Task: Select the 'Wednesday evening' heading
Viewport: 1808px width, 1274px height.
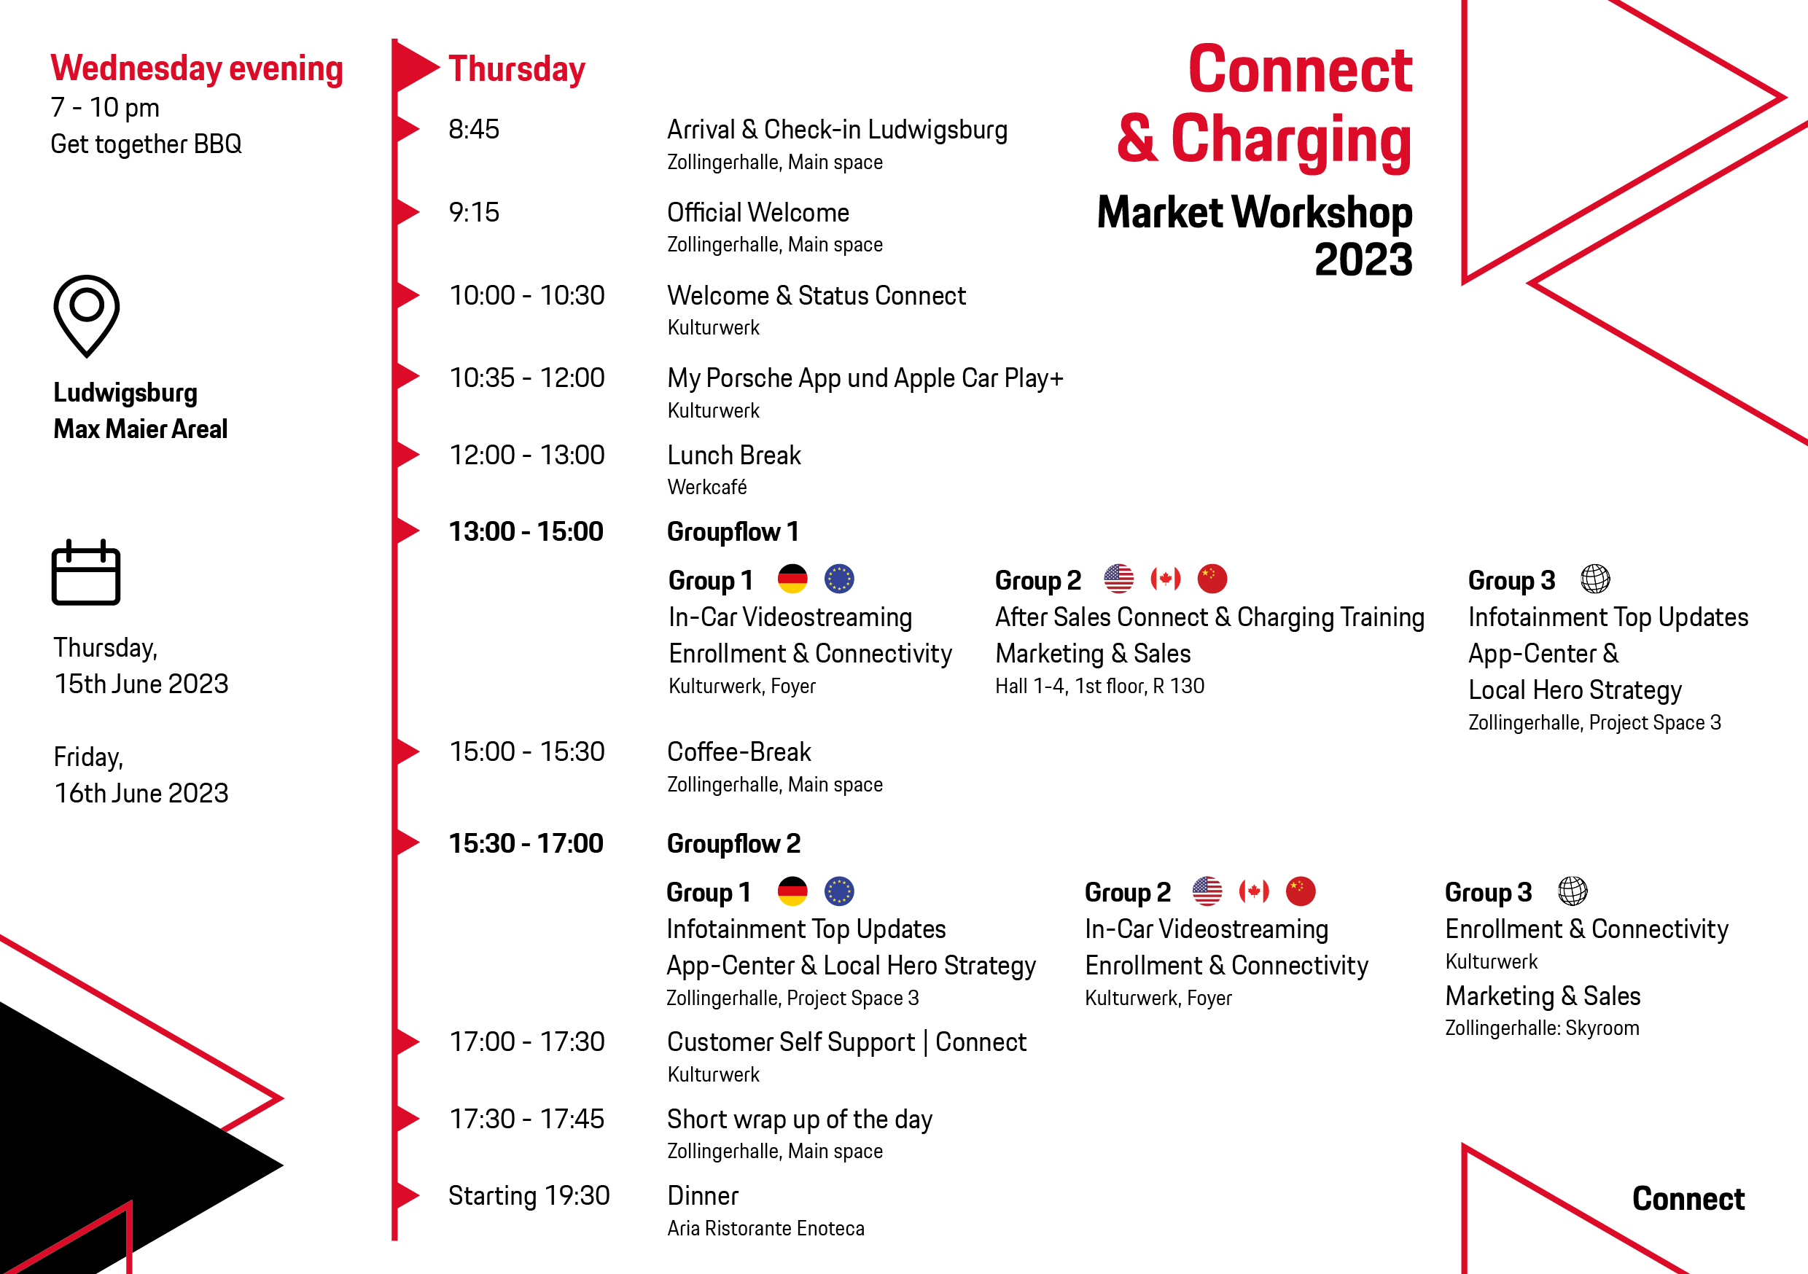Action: pos(197,69)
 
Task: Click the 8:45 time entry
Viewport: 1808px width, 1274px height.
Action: pos(474,129)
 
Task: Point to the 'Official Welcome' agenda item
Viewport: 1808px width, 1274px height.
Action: pos(758,213)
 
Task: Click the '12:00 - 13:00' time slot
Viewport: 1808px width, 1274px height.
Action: pos(527,455)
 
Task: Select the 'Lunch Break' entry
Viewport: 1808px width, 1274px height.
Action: pos(734,455)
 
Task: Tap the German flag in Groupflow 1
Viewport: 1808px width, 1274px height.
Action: pos(792,579)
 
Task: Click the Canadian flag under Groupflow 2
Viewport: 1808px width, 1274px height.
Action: pos(1254,891)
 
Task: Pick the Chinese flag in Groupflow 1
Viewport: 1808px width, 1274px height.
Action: pos(1212,579)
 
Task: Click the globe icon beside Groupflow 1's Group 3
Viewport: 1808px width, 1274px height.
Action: pos(1595,579)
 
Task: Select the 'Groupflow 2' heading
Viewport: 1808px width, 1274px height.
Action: pos(734,843)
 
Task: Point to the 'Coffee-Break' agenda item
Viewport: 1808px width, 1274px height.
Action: pos(739,752)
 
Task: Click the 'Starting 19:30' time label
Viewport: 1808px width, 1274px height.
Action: pos(529,1195)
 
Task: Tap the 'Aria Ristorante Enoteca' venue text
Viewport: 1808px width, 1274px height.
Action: pos(766,1228)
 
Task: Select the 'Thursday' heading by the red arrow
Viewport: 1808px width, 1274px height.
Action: pos(517,69)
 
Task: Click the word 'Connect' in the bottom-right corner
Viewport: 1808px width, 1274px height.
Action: pos(1688,1198)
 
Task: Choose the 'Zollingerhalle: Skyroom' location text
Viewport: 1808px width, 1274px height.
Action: pos(1542,1028)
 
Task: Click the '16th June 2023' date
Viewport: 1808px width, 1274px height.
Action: pos(141,793)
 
